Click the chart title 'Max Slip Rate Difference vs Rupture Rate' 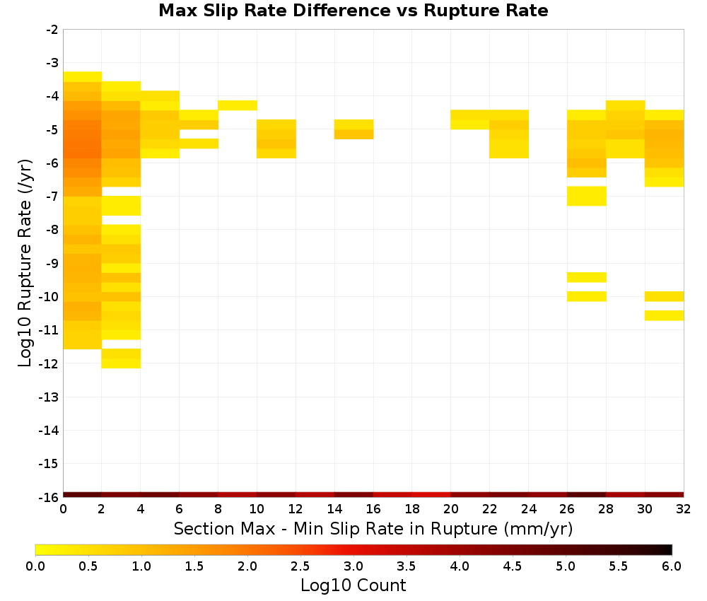coord(353,10)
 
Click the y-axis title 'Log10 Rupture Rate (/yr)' coord(25,263)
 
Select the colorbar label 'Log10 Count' coord(353,585)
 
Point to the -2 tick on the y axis coord(52,30)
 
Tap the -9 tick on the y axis coord(52,263)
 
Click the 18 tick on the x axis coord(412,509)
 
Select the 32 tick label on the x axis coord(684,509)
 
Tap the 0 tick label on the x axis coord(63,509)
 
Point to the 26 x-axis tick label coord(567,509)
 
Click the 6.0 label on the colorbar coord(672,566)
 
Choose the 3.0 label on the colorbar coord(353,566)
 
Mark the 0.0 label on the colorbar coord(35,566)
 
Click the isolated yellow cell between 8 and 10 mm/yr coord(238,105)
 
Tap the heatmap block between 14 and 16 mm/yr coord(354,129)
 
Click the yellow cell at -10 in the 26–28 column coord(587,296)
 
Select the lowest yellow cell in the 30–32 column coord(664,315)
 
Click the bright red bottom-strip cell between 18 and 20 coord(431,495)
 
